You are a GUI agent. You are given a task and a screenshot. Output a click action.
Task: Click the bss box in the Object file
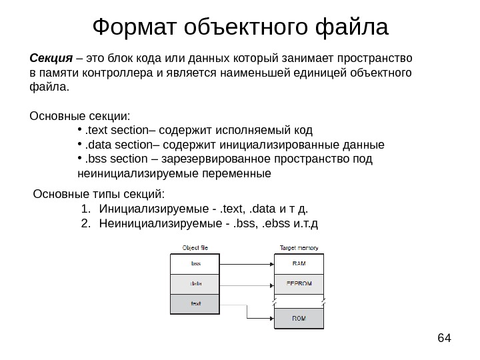pyautogui.click(x=195, y=264)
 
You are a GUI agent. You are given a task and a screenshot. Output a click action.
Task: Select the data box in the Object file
pyautogui.click(x=195, y=283)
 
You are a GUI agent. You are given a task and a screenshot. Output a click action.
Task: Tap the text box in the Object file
pyautogui.click(x=195, y=303)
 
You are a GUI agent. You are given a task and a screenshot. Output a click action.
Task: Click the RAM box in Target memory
pyautogui.click(x=300, y=264)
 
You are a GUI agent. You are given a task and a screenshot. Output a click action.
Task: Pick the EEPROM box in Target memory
pyautogui.click(x=300, y=283)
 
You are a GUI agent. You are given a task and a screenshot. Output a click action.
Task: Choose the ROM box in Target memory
pyautogui.click(x=300, y=319)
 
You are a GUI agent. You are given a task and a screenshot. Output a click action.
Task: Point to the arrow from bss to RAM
pyautogui.click(x=246, y=264)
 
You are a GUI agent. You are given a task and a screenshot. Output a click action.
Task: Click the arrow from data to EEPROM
pyautogui.click(x=246, y=283)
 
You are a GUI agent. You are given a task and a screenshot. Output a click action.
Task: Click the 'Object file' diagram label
pyautogui.click(x=195, y=247)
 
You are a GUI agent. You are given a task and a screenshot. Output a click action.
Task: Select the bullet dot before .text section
pyautogui.click(x=79, y=129)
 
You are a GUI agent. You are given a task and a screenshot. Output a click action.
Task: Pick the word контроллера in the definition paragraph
pyautogui.click(x=124, y=72)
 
